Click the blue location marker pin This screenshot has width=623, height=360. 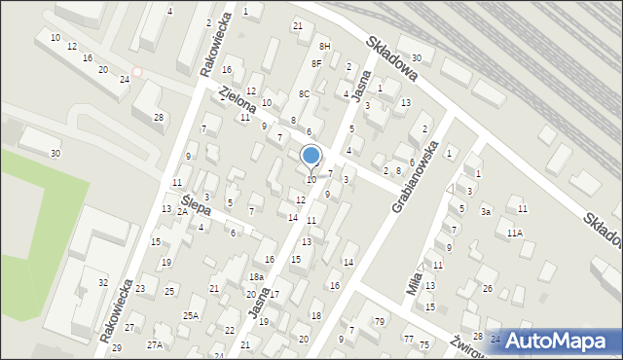[x=311, y=157]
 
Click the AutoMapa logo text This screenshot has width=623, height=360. [x=563, y=341]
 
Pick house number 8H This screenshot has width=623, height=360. [x=325, y=46]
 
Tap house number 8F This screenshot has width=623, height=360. [x=316, y=64]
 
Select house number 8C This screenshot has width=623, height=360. [x=304, y=94]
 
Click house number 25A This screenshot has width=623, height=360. [x=191, y=314]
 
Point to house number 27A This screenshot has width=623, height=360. [x=155, y=344]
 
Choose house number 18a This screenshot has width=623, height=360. [x=256, y=277]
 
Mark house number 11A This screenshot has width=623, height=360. [x=514, y=233]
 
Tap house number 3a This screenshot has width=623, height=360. [x=485, y=211]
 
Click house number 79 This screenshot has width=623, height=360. [x=381, y=322]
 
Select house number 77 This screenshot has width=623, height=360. [x=408, y=339]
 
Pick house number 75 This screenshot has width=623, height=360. [x=424, y=344]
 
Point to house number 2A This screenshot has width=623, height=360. [x=182, y=211]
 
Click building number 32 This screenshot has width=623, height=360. [x=102, y=282]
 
